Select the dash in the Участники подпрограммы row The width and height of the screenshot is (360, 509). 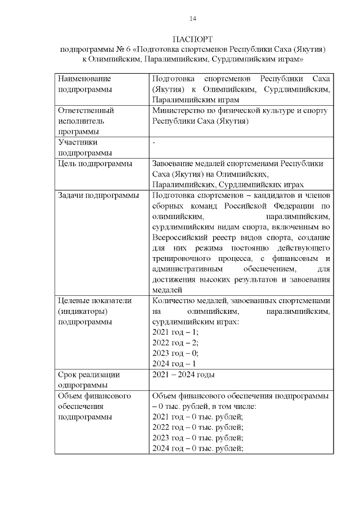point(154,143)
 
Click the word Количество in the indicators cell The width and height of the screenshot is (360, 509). point(174,301)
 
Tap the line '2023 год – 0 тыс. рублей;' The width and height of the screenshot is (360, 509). point(198,438)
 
